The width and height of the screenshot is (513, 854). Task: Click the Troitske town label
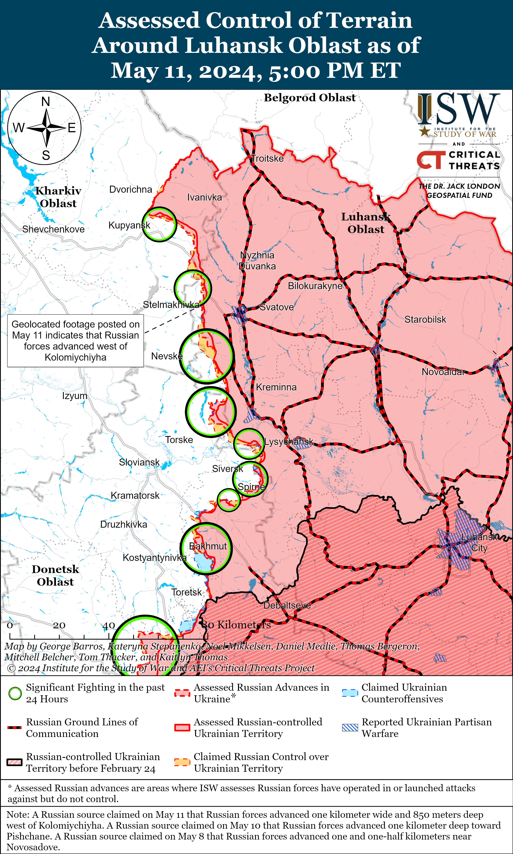[x=267, y=159]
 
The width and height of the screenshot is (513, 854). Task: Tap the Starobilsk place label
[x=425, y=319]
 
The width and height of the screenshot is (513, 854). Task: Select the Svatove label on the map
[x=277, y=307]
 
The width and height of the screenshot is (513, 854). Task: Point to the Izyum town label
[x=75, y=396]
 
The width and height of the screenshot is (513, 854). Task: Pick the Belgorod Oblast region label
[x=310, y=98]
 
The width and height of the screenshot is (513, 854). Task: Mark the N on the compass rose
[x=46, y=102]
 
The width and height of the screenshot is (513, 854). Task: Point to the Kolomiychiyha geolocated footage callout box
[x=75, y=341]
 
